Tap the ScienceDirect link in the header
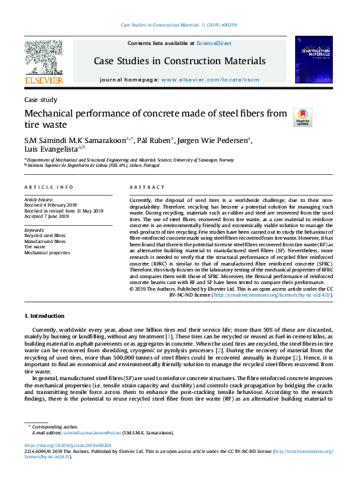pos(213,43)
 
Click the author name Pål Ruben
pos(154,139)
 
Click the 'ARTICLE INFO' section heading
pos(49,187)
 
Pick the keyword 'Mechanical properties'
pos(47,252)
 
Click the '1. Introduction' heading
pos(45,316)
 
